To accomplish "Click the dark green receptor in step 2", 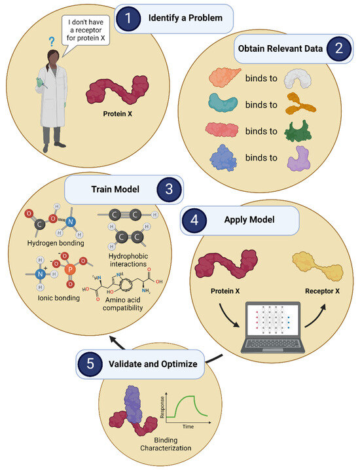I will [302, 131].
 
